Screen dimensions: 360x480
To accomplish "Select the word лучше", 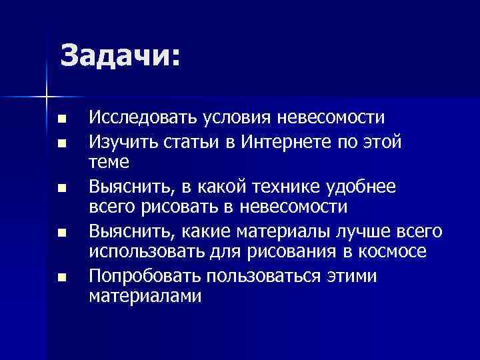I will (364, 231).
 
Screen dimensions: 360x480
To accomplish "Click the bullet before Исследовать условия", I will (63, 120).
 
